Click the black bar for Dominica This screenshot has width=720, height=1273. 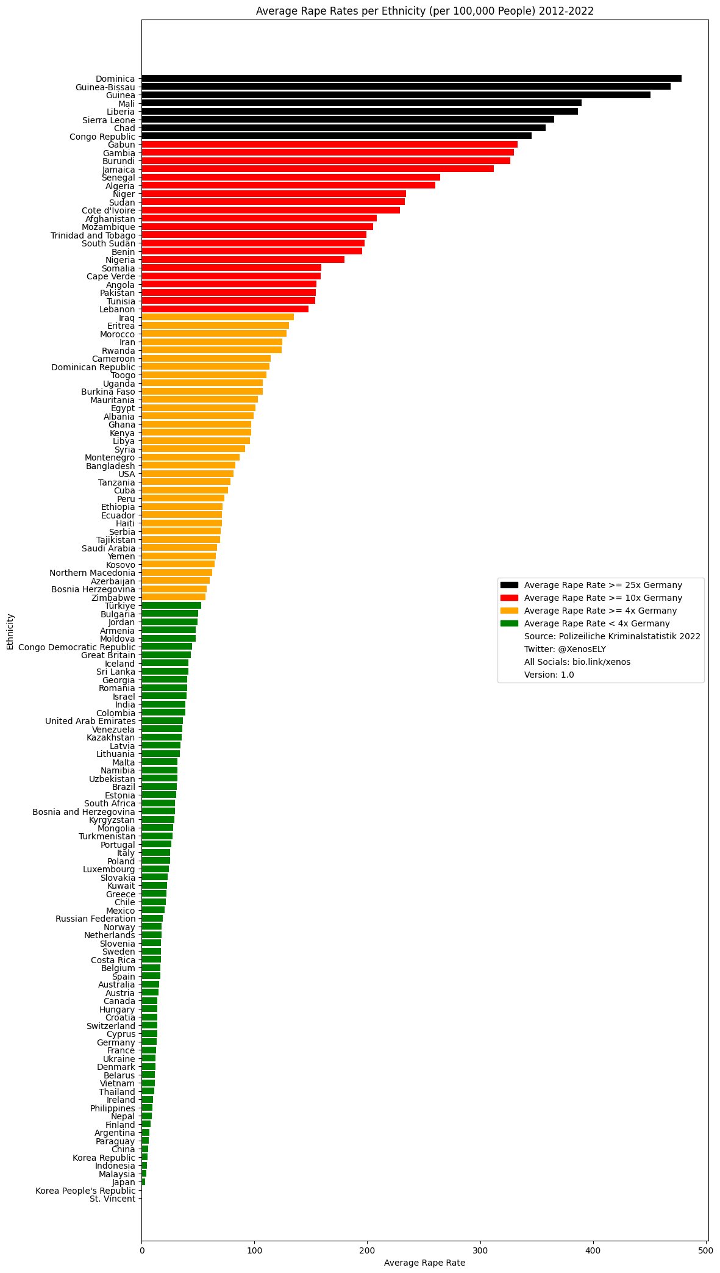click(x=412, y=79)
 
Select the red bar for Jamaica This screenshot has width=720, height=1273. click(x=318, y=169)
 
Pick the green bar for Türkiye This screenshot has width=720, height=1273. click(x=171, y=606)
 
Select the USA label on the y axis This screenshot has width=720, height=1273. click(x=127, y=474)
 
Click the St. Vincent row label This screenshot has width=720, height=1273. click(x=112, y=1199)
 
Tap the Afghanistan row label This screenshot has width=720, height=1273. click(x=110, y=218)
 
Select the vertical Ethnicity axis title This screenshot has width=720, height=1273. click(x=10, y=644)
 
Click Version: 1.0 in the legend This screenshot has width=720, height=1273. click(x=549, y=675)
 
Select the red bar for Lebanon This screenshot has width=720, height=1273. click(x=225, y=309)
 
